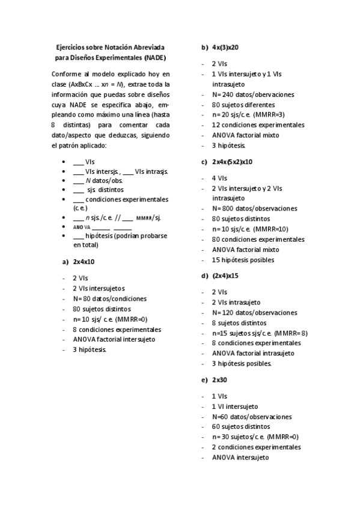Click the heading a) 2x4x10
pos(79,262)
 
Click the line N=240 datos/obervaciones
pos(253,94)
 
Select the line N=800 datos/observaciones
pos(254,209)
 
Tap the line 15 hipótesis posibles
pos(243,260)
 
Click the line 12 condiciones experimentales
pos(258,125)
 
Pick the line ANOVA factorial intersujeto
pos(114,339)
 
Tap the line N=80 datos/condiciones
pos(109,298)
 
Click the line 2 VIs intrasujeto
pos(236,302)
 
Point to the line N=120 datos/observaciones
pos(254,313)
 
